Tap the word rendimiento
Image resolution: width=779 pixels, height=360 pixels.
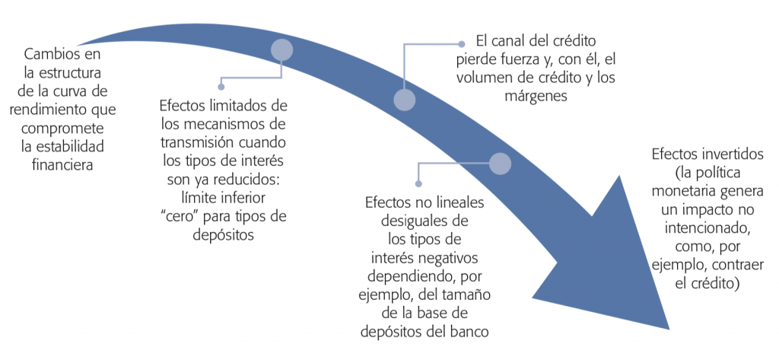point(43,110)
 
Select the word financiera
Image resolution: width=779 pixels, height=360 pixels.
point(62,165)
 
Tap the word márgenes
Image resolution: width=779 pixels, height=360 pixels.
point(536,97)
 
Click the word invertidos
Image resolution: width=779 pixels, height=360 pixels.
point(733,155)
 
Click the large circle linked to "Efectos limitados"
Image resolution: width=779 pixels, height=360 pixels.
point(281,49)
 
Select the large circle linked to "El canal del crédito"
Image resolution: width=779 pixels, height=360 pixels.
point(405,100)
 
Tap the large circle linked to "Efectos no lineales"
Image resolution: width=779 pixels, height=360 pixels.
point(500,164)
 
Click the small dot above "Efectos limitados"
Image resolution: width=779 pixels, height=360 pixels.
point(221,87)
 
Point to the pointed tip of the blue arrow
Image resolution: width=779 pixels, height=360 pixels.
point(669,328)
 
